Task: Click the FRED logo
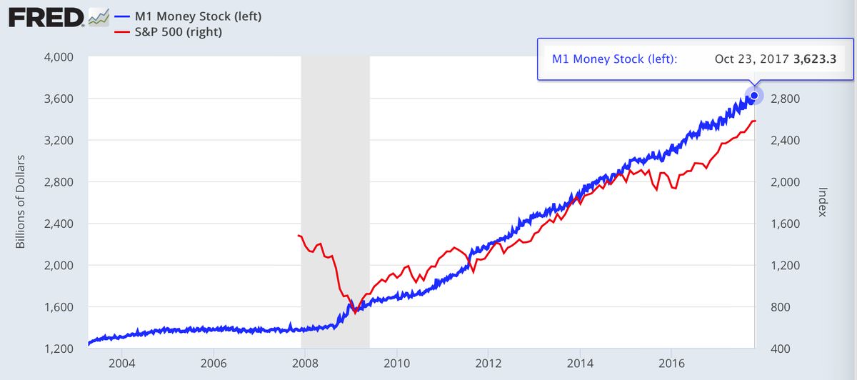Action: pos(46,17)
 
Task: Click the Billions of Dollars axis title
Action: pos(21,201)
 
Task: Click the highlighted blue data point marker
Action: pos(754,95)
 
